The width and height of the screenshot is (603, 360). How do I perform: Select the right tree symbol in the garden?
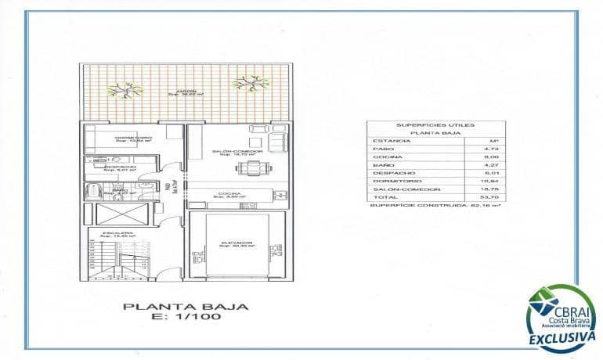248,81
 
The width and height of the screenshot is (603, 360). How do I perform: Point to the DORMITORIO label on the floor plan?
132,139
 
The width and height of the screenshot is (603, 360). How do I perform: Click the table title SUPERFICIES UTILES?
436,124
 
